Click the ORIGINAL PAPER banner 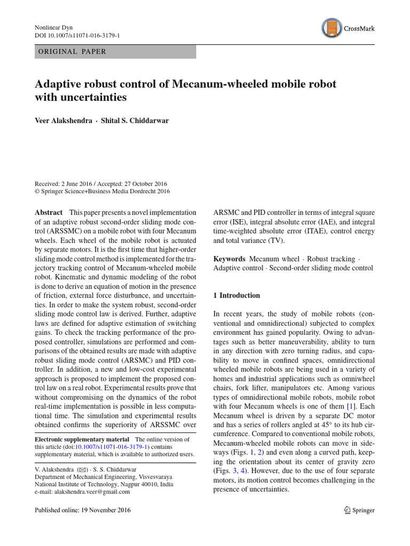pos(115,52)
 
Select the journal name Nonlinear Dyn pos(53,27)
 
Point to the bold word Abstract pos(48,212)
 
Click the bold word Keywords pos(230,259)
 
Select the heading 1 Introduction pos(236,295)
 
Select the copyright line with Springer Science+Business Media pos(102,190)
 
